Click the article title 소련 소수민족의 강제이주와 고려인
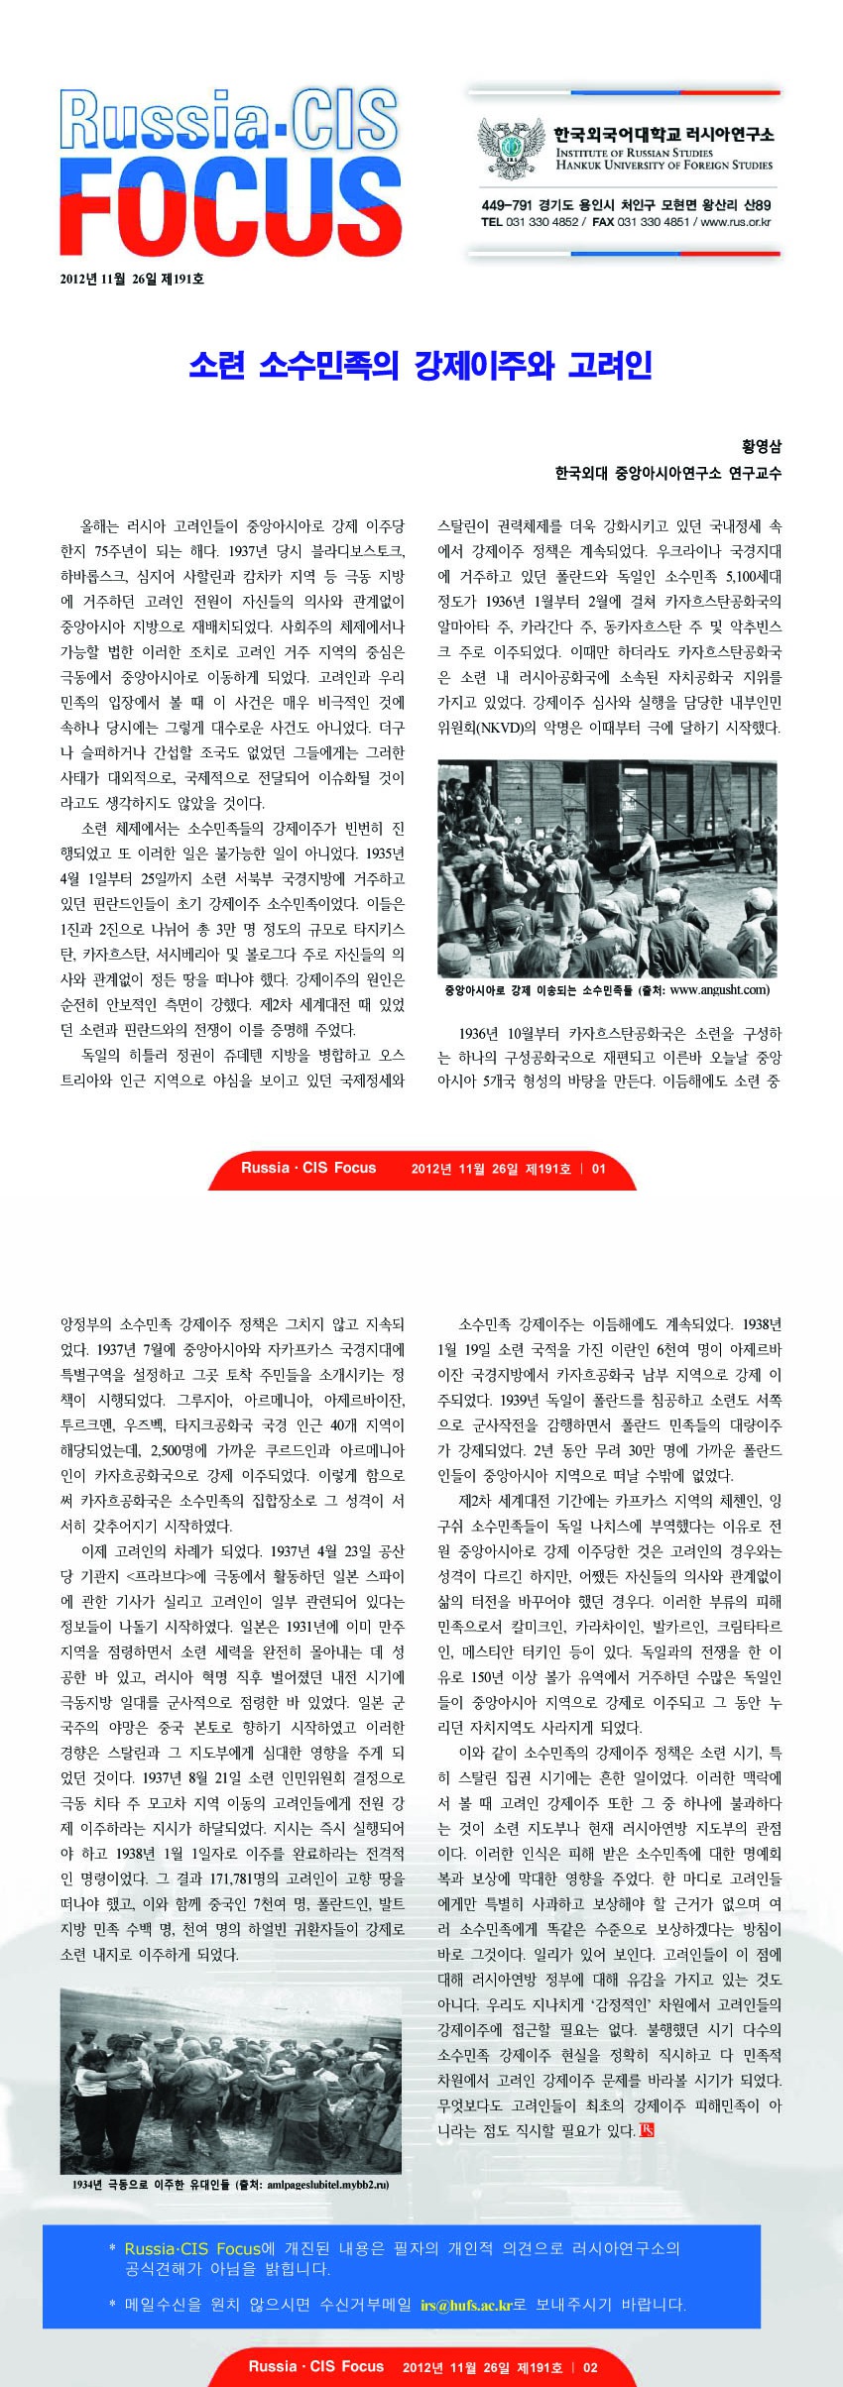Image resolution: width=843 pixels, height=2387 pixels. [x=421, y=365]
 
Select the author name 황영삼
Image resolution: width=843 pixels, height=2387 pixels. [x=762, y=446]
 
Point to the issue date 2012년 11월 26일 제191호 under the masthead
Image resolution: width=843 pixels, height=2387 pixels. [x=132, y=280]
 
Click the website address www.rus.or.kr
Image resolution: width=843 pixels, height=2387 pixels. [x=736, y=222]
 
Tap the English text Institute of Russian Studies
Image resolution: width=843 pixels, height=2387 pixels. [x=634, y=153]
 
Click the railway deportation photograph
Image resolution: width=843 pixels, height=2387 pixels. [x=607, y=868]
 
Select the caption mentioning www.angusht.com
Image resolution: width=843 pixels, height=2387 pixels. [x=606, y=989]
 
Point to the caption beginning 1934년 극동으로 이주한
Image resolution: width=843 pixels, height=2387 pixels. [x=230, y=2184]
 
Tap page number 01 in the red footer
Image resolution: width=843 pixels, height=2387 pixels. [x=598, y=1168]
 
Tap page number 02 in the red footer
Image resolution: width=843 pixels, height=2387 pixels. [x=590, y=2366]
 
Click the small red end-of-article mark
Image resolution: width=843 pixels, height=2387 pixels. [x=647, y=2130]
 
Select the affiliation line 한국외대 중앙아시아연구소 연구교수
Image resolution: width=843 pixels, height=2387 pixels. [x=667, y=473]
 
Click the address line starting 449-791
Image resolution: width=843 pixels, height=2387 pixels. [x=625, y=205]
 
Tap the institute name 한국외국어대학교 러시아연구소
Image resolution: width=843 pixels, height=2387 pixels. [x=663, y=134]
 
